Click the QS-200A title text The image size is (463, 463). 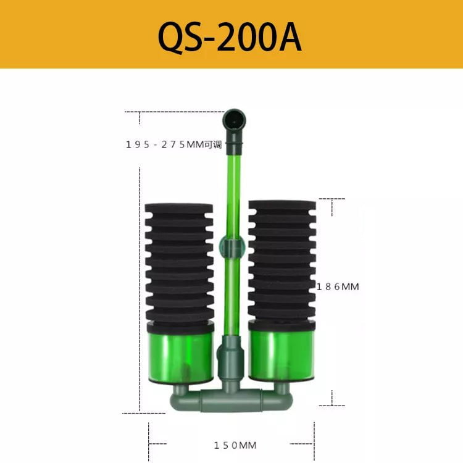[x=230, y=37]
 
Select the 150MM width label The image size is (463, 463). [x=235, y=445]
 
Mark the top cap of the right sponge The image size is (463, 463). [x=282, y=204]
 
